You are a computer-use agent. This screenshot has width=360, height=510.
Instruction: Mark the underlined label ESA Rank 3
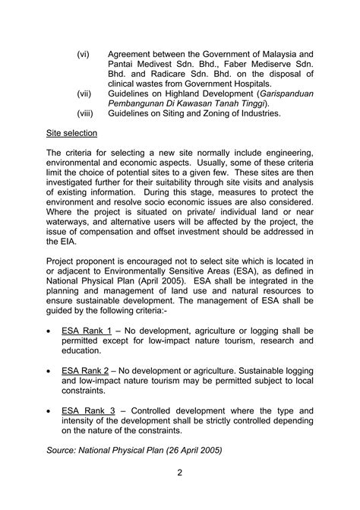click(x=87, y=410)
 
